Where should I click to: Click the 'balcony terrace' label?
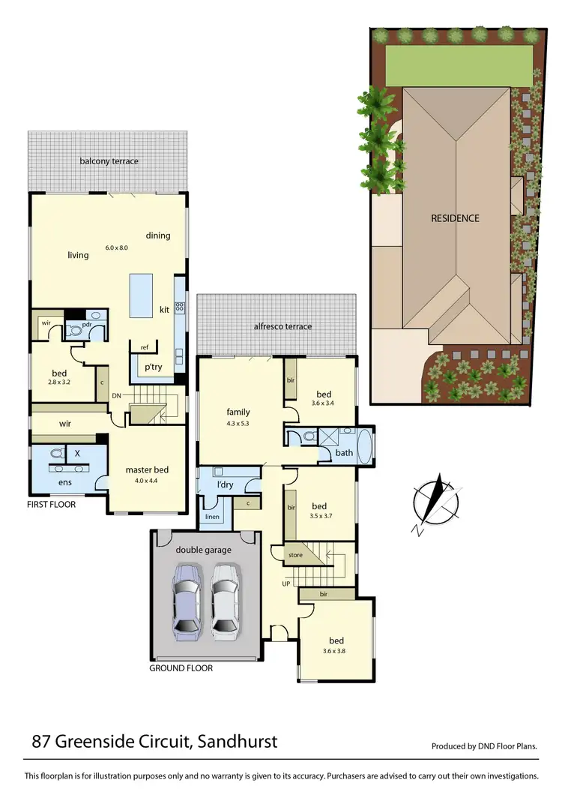[x=110, y=161]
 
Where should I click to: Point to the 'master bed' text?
[x=147, y=470]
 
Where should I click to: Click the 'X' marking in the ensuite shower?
[x=78, y=454]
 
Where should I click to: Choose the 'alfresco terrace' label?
[x=282, y=326]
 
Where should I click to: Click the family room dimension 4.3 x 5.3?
[x=238, y=423]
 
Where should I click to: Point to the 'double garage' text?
[x=203, y=550]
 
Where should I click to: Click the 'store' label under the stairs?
[x=297, y=556]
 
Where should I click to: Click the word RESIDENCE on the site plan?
[x=455, y=219]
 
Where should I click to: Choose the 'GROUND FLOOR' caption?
[x=181, y=667]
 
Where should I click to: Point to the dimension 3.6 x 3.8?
[x=336, y=652]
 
